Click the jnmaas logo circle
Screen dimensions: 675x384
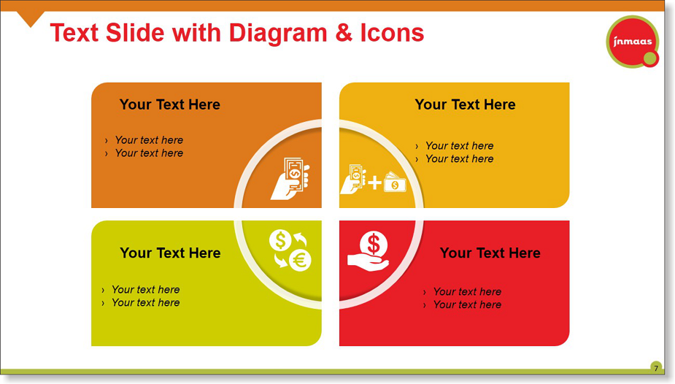pos(633,42)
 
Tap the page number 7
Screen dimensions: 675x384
pos(655,368)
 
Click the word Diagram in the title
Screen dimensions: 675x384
pos(278,34)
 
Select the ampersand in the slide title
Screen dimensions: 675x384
pos(344,33)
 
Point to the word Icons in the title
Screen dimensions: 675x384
pos(392,33)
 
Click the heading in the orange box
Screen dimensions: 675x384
pos(169,104)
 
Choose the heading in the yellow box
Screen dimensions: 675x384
pos(465,104)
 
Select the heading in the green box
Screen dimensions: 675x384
pos(170,253)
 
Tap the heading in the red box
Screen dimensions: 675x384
pos(490,253)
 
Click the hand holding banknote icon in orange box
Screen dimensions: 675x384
pos(290,178)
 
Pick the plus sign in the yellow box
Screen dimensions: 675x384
pos(374,183)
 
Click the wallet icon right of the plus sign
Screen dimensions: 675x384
pos(395,182)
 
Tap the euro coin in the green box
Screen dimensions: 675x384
pos(300,261)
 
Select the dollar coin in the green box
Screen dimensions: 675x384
pos(280,239)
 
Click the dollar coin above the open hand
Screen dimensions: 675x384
pos(374,245)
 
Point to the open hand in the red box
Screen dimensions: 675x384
pos(368,263)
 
